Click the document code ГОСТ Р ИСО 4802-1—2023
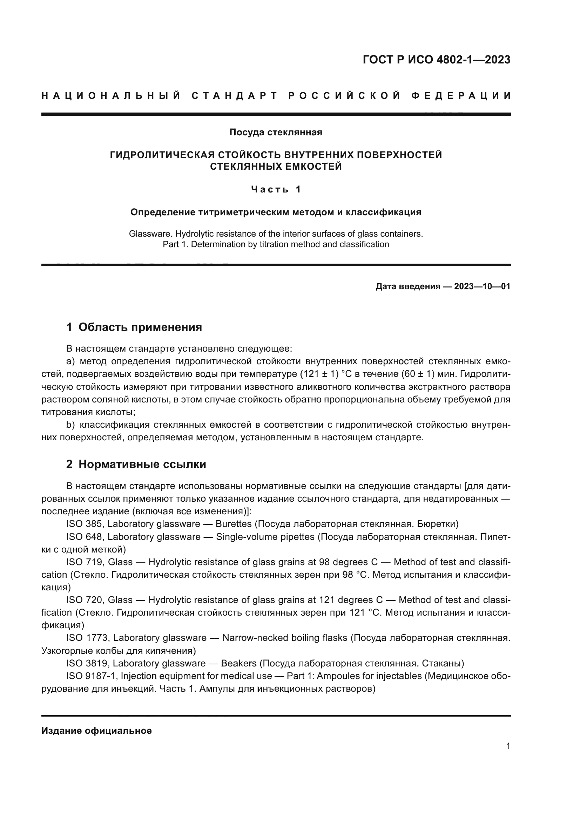[436, 60]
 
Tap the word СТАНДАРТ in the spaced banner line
[235, 96]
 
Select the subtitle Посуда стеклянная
[276, 133]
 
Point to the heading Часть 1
[276, 189]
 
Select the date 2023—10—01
[482, 286]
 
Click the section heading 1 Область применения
[134, 327]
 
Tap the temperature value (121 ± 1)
[319, 374]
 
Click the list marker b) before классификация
[70, 425]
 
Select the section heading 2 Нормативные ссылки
[136, 464]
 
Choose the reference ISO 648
[84, 537]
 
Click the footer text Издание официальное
[96, 731]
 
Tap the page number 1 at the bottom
[508, 746]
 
